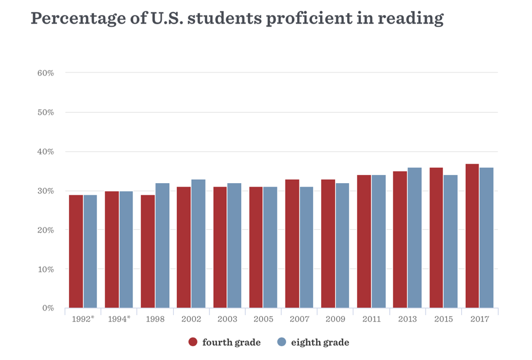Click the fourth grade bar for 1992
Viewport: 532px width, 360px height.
(76, 251)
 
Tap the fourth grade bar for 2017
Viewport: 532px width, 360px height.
(472, 236)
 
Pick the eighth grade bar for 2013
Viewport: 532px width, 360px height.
(415, 237)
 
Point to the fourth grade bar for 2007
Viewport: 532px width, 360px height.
(292, 243)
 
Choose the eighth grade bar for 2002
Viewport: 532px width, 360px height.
(199, 243)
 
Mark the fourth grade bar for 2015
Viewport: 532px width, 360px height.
(436, 237)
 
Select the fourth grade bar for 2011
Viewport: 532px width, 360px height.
(364, 241)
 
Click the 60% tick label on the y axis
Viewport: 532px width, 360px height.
(46, 73)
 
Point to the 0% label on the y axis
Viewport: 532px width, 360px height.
(48, 308)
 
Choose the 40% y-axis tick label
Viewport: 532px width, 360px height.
(46, 151)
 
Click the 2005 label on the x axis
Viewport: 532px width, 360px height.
(263, 319)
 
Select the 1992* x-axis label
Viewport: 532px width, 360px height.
(83, 319)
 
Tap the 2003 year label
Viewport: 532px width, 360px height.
(227, 319)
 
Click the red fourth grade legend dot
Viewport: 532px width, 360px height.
(193, 342)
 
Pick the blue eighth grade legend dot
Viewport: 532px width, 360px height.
(282, 342)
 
